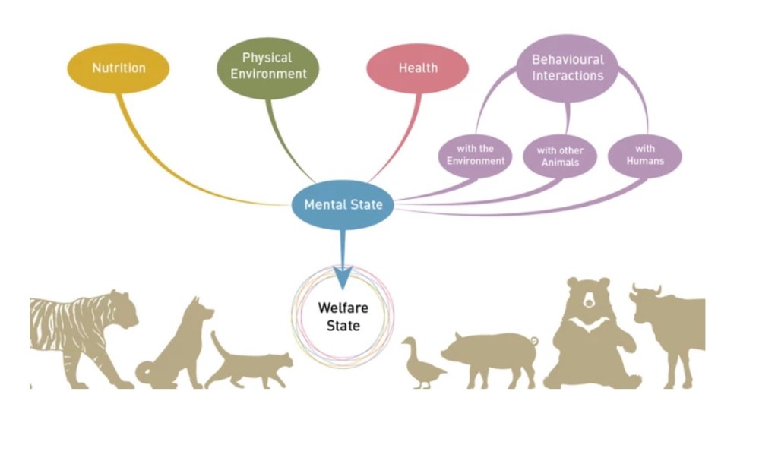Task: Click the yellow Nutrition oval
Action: (x=118, y=68)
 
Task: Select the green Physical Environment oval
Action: (x=268, y=67)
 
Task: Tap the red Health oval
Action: (x=417, y=68)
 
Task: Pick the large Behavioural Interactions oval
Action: (x=568, y=68)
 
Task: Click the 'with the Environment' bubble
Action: (x=476, y=155)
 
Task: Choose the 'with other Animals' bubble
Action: (x=560, y=156)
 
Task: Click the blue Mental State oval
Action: (x=343, y=204)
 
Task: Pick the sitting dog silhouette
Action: (x=176, y=346)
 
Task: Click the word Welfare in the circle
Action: (x=343, y=309)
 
